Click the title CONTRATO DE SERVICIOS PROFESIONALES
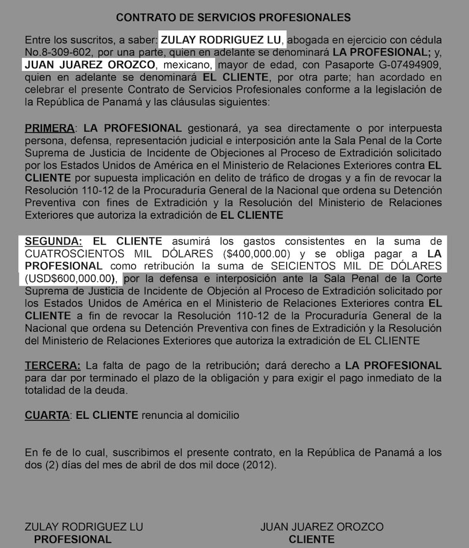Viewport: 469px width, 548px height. (233, 18)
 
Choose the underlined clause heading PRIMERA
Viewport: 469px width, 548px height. (50, 128)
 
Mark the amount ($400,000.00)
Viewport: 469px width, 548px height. (257, 254)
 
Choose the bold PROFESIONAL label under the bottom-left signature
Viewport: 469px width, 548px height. (72, 539)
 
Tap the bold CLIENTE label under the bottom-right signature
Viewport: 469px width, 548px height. (311, 539)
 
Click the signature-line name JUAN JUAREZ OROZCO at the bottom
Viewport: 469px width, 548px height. (322, 527)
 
